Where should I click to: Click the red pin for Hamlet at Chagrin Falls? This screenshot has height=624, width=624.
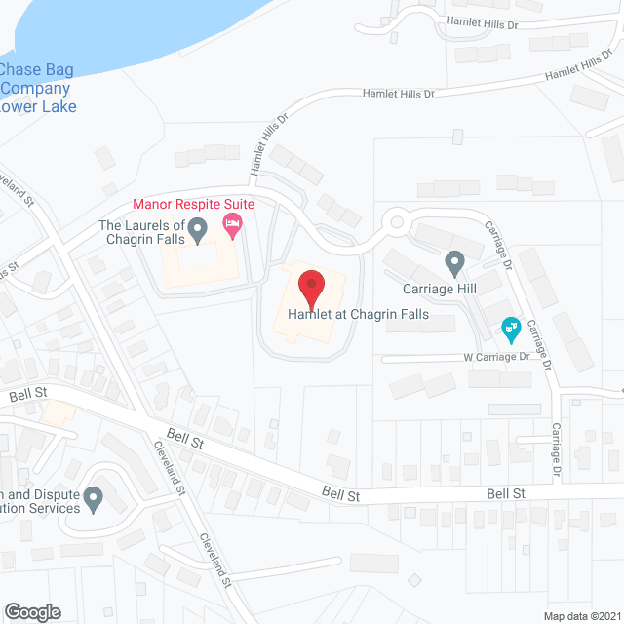pos(311,289)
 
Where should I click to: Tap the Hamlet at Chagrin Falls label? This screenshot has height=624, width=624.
pos(358,315)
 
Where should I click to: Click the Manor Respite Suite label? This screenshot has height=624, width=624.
pos(193,204)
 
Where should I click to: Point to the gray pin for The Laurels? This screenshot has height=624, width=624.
pos(198,230)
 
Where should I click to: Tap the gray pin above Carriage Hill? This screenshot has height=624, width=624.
pos(453,262)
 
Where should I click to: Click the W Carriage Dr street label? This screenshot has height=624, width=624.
pos(495,357)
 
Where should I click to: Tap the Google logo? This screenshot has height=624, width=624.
pos(32,611)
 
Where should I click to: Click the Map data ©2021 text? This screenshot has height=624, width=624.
pos(582,616)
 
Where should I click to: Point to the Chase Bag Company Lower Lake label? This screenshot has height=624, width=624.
pos(38,88)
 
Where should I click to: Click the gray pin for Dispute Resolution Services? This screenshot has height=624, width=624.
pos(94,498)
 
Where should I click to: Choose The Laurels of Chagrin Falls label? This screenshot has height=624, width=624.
pos(140,232)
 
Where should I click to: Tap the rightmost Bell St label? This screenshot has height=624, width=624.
pos(506,494)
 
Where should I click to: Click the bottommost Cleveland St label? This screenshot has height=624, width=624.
pos(214,560)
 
